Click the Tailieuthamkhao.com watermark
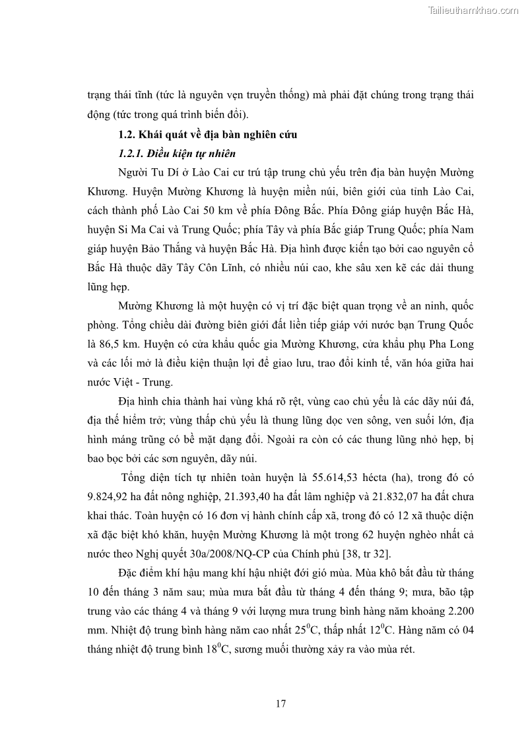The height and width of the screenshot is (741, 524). [473, 10]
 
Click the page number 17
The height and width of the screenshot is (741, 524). [280, 703]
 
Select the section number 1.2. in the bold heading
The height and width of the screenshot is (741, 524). [128, 135]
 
